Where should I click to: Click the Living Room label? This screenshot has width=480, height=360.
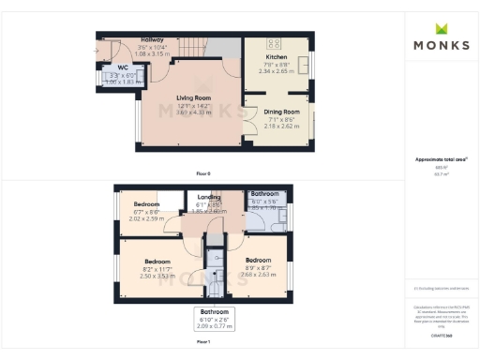193,97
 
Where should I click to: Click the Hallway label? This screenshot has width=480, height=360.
151,40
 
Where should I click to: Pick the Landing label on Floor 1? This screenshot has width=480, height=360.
209,198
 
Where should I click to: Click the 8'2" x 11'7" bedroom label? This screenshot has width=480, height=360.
157,262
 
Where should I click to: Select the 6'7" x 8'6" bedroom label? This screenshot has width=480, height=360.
146,204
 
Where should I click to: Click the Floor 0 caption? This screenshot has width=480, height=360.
203,173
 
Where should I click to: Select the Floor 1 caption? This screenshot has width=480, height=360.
203,343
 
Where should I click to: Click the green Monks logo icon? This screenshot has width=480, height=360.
441,28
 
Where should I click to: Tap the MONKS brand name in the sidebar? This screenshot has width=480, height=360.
441,45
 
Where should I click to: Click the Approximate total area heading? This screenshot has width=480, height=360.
440,159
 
